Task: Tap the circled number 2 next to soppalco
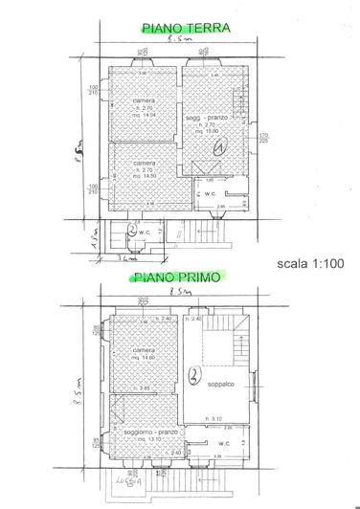(x=194, y=374)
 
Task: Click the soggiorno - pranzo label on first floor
(x=144, y=433)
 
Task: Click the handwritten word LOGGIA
(x=124, y=483)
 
